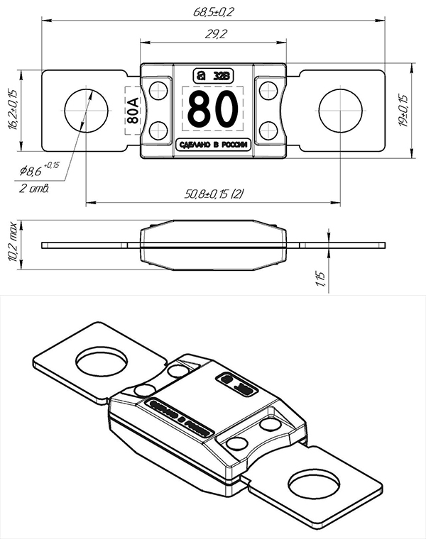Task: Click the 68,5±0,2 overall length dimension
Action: [x=214, y=13]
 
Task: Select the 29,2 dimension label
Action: [x=214, y=33]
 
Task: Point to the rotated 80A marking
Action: [x=133, y=110]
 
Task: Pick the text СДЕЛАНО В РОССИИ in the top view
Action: [x=214, y=145]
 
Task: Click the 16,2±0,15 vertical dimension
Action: [x=12, y=110]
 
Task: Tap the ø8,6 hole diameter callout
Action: [x=40, y=170]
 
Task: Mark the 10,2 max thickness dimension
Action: [x=12, y=245]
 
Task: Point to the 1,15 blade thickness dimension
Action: [x=322, y=277]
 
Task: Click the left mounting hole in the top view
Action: [x=86, y=111]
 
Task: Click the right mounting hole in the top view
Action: [x=340, y=111]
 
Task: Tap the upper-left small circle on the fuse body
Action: [x=159, y=90]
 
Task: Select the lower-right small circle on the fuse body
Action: [x=268, y=130]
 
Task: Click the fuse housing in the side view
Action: [x=214, y=245]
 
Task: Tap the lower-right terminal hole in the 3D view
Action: [x=314, y=487]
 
